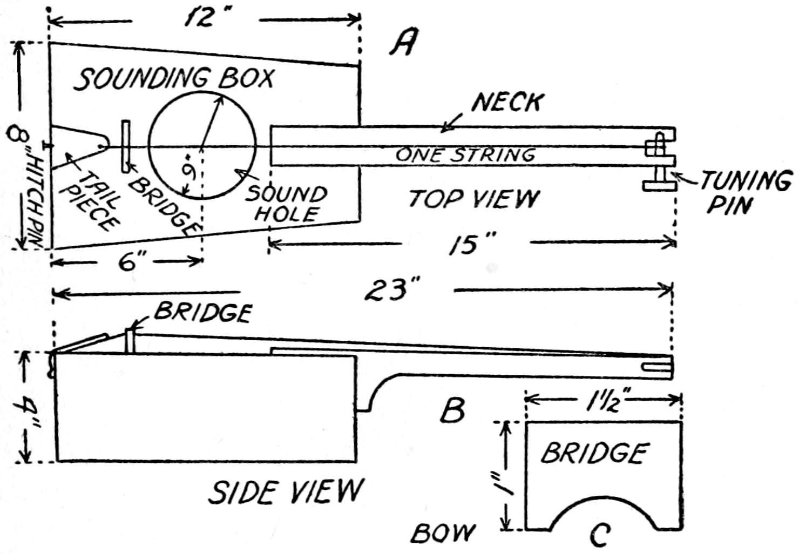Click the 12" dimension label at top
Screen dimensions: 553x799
point(201,19)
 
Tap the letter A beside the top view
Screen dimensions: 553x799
point(403,43)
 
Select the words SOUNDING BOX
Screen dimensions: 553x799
point(174,79)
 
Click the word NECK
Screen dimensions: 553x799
point(507,102)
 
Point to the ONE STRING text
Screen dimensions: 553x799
point(465,155)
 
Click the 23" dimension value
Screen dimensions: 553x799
point(393,292)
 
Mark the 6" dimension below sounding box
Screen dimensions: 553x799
point(129,263)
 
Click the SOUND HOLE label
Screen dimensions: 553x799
point(287,204)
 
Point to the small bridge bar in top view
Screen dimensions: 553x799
point(126,146)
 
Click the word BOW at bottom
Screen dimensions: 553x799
point(443,533)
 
